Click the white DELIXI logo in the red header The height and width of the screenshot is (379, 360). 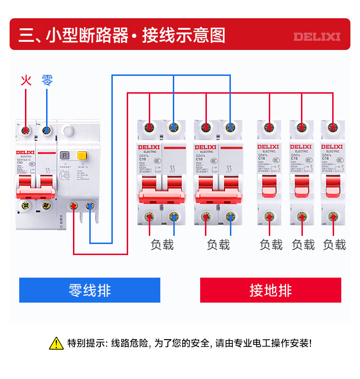317,37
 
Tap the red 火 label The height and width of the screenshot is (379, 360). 26,80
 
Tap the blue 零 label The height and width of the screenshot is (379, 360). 47,80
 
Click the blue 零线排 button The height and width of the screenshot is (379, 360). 90,290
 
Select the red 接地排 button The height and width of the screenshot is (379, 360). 271,290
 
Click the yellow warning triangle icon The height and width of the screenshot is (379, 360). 57,343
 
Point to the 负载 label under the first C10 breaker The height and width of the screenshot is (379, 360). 162,245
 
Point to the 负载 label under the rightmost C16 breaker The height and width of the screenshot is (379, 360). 334,245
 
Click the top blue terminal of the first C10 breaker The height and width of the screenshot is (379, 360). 173,128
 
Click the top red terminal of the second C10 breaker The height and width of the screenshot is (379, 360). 206,128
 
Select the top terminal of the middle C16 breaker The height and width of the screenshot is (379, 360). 301,128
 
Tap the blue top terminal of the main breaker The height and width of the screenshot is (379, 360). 47,130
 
